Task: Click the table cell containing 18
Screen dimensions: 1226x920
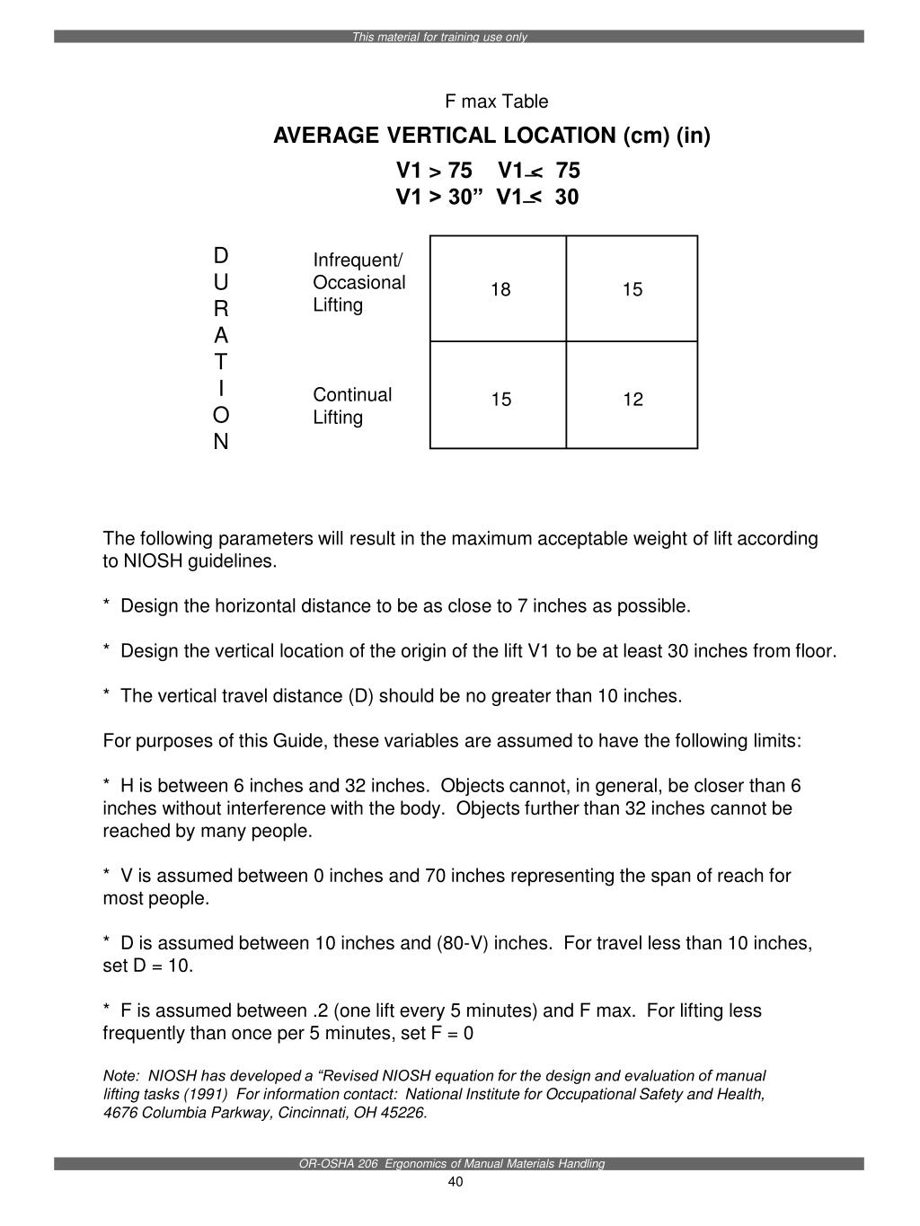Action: point(500,289)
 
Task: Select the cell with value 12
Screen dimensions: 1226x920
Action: point(632,400)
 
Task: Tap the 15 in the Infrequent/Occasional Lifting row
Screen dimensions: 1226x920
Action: point(632,289)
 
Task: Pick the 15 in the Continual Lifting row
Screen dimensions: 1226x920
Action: point(500,400)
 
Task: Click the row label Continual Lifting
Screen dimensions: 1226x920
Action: point(351,406)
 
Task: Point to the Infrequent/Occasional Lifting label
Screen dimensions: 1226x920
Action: point(358,282)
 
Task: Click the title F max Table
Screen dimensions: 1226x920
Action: point(497,101)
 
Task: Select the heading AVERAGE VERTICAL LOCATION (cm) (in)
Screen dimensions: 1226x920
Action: point(491,136)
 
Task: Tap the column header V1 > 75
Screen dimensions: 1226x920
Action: point(434,171)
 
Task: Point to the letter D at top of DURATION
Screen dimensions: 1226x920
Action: point(221,255)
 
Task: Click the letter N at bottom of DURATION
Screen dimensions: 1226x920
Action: point(221,442)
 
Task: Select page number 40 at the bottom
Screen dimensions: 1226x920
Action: point(456,1182)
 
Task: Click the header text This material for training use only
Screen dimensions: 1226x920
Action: point(439,38)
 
